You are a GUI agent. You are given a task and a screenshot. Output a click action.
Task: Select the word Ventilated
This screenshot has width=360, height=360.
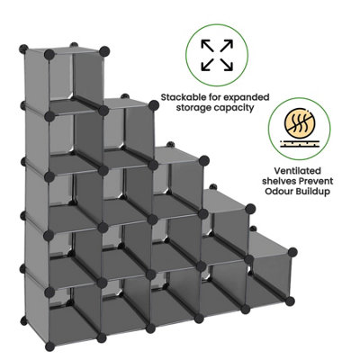(297, 171)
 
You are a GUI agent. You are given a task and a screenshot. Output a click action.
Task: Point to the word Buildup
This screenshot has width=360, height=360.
(314, 192)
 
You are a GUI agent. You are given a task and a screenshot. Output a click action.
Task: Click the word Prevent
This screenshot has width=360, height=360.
(316, 181)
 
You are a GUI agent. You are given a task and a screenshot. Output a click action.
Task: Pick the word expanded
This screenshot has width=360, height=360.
(250, 97)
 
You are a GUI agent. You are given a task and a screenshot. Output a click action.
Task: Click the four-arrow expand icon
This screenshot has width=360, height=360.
(217, 55)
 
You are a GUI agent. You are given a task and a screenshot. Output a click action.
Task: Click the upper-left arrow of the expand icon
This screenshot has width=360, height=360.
(207, 45)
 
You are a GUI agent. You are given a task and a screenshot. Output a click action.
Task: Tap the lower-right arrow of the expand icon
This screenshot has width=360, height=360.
(227, 65)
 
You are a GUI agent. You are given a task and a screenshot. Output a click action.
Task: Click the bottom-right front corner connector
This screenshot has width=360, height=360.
(290, 301)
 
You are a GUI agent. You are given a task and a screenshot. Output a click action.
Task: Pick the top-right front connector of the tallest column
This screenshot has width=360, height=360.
(103, 50)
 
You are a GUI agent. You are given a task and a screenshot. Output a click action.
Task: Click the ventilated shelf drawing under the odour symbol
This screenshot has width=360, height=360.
(299, 144)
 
